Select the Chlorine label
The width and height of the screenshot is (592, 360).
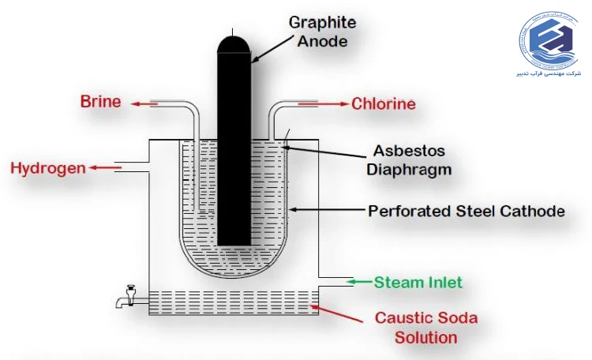click(384, 103)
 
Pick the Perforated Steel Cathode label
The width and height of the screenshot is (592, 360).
click(466, 211)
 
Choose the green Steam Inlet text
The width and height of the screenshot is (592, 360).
click(418, 282)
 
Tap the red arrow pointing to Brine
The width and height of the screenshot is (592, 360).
click(141, 103)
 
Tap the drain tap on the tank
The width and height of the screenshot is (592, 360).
click(126, 298)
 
